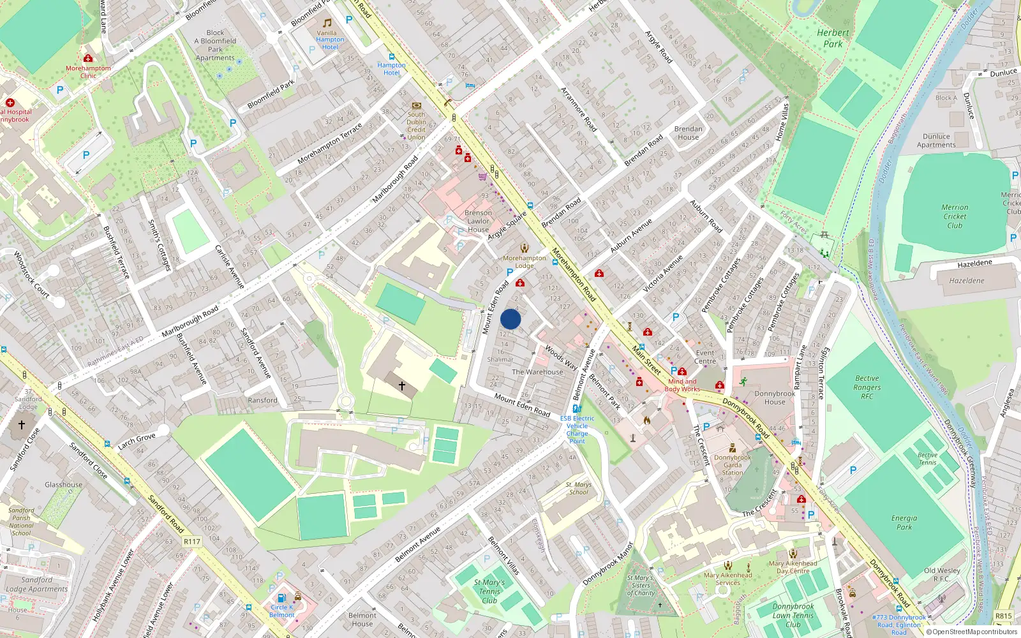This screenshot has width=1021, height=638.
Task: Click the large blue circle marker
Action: pos(511,319)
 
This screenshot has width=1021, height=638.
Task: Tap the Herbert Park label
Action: pos(833,38)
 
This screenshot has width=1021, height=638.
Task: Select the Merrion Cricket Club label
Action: pos(955,216)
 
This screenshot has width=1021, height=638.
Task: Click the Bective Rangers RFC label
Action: pos(867,387)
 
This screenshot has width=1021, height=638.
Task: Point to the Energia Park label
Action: pos(904,523)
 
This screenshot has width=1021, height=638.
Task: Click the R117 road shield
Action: pos(191,542)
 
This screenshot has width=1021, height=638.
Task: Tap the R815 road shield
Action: pos(1003,616)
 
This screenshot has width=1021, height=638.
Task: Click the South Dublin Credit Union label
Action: pos(416,126)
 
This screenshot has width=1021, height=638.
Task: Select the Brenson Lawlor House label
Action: pos(478,221)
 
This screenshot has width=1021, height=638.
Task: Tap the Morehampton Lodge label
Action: pos(525,262)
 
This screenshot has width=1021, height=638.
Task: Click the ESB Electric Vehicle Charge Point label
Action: pos(578,429)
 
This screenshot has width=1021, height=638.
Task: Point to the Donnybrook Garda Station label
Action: pos(733,464)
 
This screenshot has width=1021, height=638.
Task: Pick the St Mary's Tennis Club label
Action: pos(489,591)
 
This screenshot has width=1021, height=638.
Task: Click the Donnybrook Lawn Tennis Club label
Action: pos(793,616)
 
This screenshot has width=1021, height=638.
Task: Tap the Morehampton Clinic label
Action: pos(88,71)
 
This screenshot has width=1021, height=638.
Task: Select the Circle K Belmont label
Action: pos(281,611)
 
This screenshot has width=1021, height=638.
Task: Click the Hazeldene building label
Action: pos(967,281)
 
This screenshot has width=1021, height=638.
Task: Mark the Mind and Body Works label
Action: pos(682,385)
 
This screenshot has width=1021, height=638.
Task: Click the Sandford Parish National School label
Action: pos(21,521)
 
